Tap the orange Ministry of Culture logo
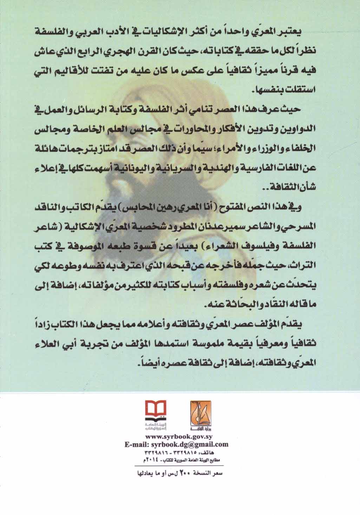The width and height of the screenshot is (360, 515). tap(201, 408)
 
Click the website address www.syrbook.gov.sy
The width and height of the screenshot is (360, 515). tap(176, 438)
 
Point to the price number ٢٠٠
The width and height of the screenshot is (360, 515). tap(184, 473)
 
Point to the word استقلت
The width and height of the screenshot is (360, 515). tap(302, 90)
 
